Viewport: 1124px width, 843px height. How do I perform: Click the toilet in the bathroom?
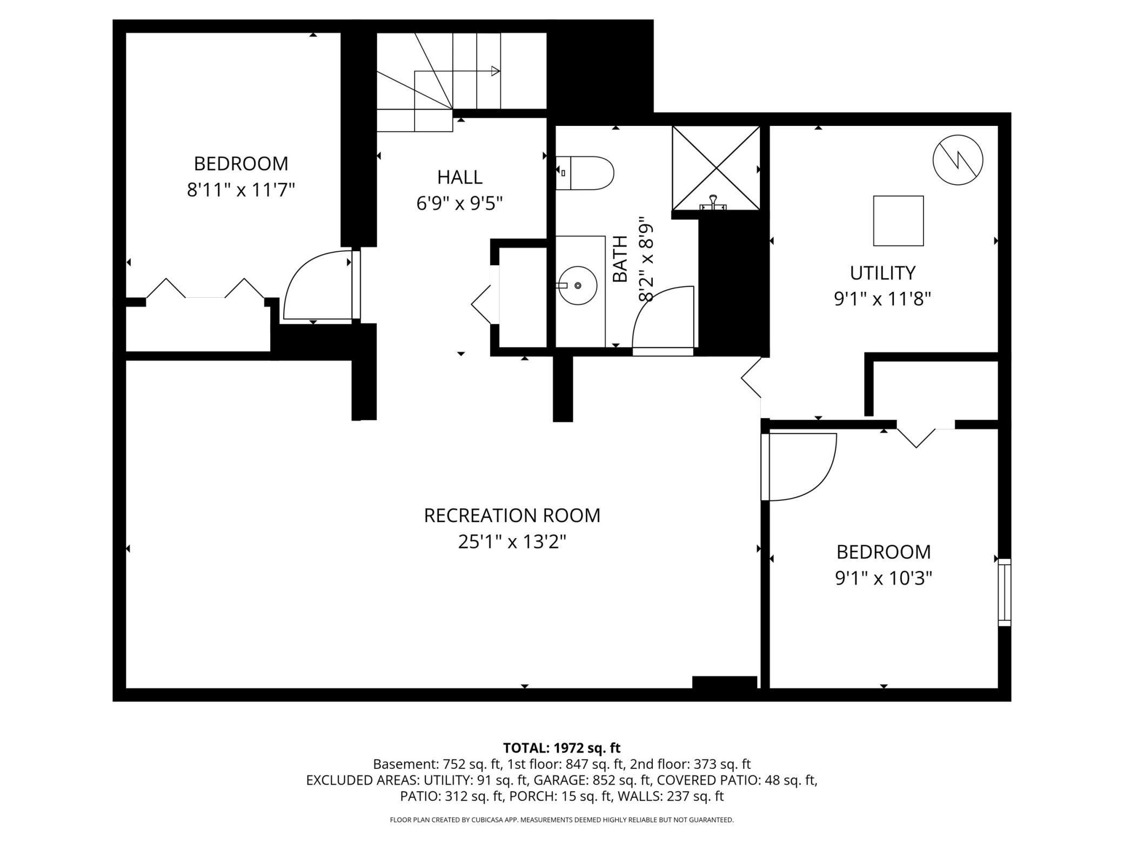586,173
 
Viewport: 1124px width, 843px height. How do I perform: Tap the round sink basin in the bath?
578,285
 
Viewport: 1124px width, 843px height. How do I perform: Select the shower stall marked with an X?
716,168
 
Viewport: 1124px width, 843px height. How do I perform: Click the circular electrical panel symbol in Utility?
958,160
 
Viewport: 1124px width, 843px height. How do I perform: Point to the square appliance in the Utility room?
898,221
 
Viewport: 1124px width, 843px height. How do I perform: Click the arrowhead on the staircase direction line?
496,71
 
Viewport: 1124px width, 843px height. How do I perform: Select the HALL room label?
460,177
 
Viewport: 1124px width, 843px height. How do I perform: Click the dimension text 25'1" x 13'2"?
512,541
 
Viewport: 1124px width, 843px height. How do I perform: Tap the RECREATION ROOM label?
512,516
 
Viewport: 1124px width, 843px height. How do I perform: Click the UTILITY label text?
882,273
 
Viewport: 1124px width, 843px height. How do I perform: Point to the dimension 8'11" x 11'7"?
241,190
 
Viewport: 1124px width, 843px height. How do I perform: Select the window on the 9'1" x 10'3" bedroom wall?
1004,592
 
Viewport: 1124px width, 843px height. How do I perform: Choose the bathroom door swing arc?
664,319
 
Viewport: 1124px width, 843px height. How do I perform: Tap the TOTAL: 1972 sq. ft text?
561,748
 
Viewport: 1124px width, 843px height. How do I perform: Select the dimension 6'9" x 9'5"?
460,204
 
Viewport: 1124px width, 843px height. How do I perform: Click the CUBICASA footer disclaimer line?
561,820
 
